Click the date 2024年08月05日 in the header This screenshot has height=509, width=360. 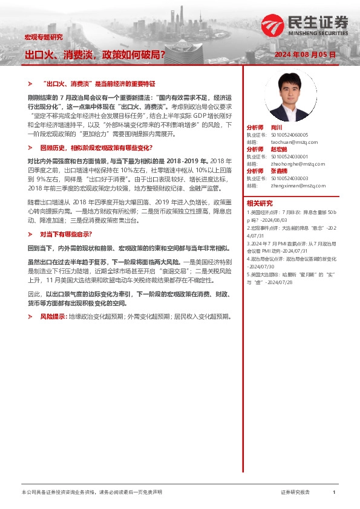[x=304, y=54]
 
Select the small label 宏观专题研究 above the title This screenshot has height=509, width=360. [x=43, y=37]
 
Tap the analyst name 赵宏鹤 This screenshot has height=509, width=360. [x=279, y=149]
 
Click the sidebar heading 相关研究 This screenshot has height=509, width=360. [x=260, y=203]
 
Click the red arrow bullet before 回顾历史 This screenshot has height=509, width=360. [x=30, y=148]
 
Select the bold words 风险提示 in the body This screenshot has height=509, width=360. [x=53, y=316]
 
